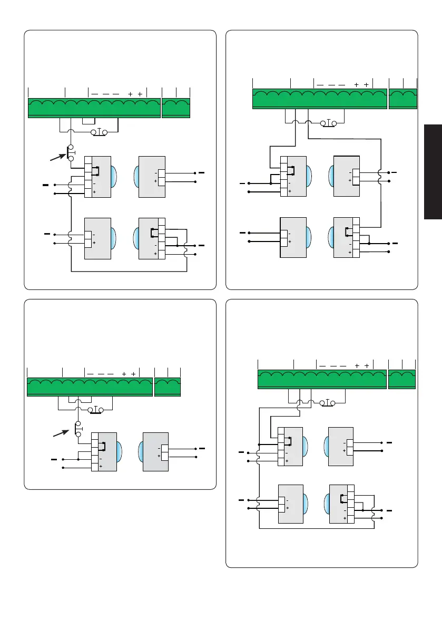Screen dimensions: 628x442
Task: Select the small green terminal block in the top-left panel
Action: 176,108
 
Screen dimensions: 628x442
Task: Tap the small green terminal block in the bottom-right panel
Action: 402,379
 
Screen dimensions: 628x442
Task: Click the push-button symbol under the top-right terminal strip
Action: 329,123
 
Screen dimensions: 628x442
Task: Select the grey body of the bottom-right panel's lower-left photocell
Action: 290,504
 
